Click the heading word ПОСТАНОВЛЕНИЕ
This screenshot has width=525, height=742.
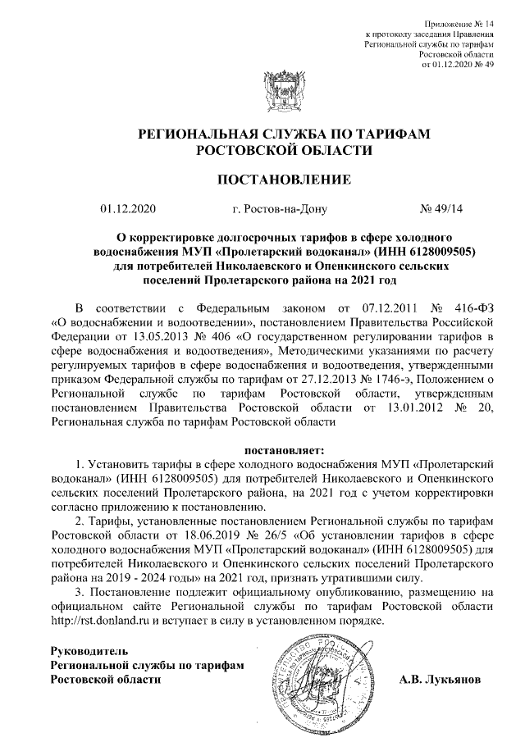(x=283, y=179)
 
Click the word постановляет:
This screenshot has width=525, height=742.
(x=285, y=449)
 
